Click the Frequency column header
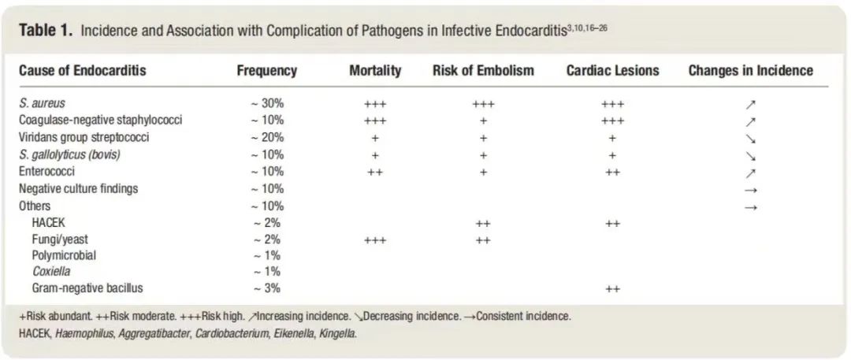pos(266,71)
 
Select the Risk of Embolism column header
pos(483,71)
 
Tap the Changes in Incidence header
pos(750,71)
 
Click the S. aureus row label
pos(42,104)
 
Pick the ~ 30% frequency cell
pos(267,104)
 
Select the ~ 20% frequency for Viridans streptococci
pos(267,138)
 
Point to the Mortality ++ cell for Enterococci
pos(375,172)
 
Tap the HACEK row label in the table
pos(49,223)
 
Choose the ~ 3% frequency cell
pos(267,289)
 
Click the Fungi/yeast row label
pos(60,239)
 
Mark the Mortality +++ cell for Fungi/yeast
pos(375,240)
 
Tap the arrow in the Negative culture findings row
pos(750,189)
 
